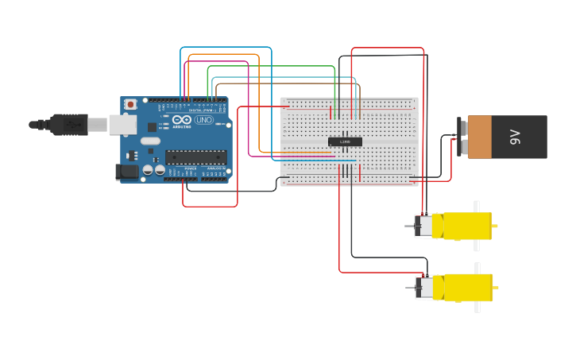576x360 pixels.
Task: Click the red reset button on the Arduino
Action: tap(131, 104)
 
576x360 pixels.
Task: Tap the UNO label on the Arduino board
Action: tap(204, 120)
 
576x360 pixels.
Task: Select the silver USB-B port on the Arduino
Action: tap(122, 125)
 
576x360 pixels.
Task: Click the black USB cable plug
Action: tap(68, 125)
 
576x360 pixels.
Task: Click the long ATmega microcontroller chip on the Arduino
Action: tap(195, 157)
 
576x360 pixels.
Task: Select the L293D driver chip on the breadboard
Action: tap(345, 141)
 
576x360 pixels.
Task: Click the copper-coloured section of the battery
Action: tap(480, 137)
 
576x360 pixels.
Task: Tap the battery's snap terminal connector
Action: tap(461, 137)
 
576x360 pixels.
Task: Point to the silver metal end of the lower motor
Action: tap(425, 287)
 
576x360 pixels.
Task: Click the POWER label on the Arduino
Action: tap(191, 168)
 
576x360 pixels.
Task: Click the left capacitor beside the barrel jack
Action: tap(148, 170)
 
